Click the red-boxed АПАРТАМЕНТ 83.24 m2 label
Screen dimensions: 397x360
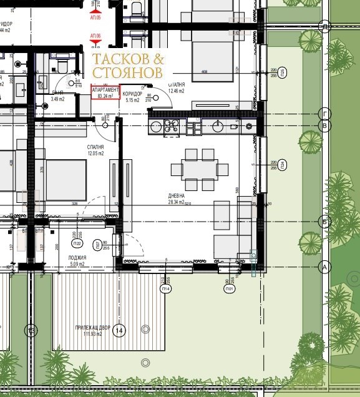(105, 93)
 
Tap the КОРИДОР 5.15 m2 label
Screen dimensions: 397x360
(134, 97)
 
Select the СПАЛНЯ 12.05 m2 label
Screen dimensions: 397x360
(95, 150)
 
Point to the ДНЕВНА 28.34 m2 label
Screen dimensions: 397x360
(178, 198)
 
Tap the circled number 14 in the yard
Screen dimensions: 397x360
(119, 331)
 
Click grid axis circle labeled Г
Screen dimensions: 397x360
(324, 113)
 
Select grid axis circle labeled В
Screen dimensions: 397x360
(324, 125)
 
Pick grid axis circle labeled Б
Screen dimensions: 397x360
(324, 221)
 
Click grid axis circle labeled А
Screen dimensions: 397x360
(324, 267)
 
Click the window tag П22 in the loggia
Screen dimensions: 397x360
(77, 243)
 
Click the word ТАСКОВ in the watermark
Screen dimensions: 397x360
(121, 59)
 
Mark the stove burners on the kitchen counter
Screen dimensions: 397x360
(171, 126)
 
